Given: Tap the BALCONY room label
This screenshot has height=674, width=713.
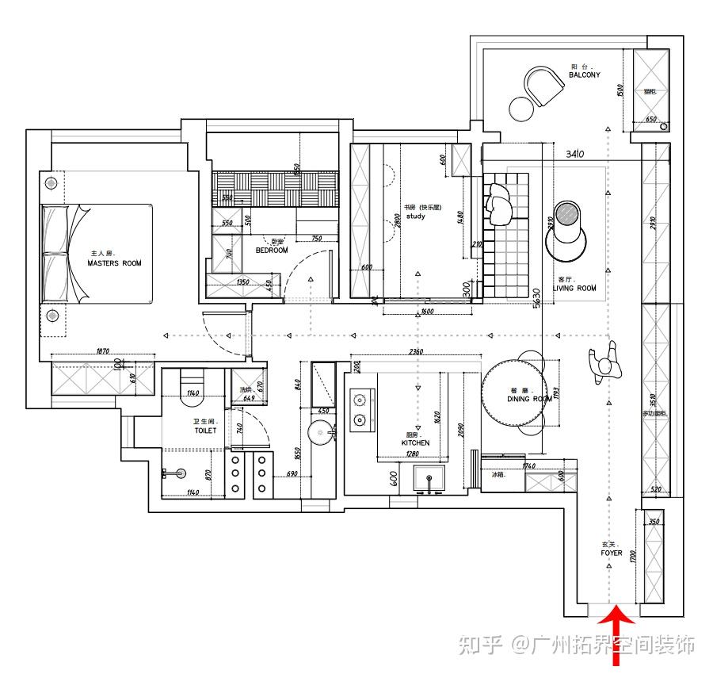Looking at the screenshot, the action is pos(584,75).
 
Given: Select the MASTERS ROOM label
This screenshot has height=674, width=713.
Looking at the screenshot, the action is pos(114,262).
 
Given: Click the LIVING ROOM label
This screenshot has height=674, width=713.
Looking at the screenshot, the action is pos(574,288).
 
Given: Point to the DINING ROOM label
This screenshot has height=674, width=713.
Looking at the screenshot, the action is pos(529,399).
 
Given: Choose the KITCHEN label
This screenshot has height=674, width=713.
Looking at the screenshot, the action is pos(415,442).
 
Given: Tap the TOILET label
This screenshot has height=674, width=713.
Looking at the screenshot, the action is pos(204,431).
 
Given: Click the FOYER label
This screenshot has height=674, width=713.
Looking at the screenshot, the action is pos(611,553).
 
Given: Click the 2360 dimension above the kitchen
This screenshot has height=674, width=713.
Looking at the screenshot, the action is pos(414,352).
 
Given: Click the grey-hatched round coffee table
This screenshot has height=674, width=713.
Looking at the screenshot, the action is pos(566,214).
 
